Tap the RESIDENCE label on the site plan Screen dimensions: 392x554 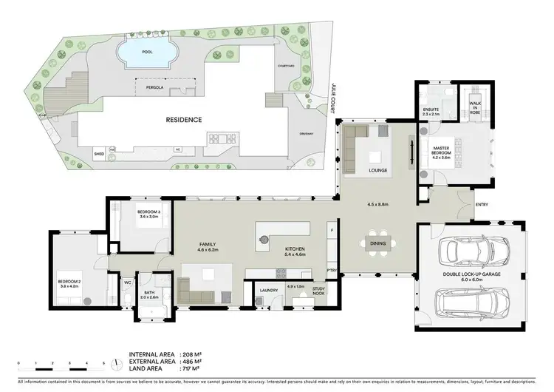pos(183,119)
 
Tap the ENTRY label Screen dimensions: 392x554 pos(482,205)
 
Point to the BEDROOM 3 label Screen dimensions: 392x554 pos(155,214)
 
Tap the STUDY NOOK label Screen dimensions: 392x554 pos(318,291)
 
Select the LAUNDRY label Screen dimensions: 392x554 pos(268,290)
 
